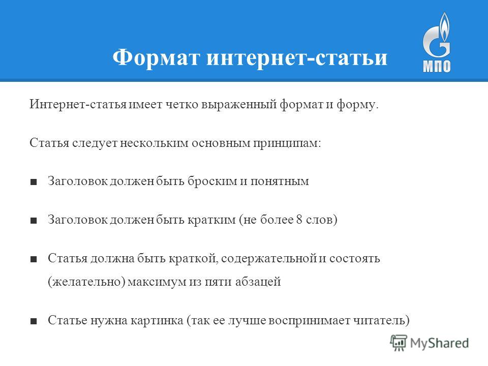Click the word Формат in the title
coord(156,57)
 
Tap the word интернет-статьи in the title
coord(297,58)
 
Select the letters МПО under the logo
coord(437,66)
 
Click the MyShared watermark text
coord(439,343)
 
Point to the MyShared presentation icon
coord(399,343)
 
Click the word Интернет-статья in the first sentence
coord(78,104)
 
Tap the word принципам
coord(287,143)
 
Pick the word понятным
coord(280,181)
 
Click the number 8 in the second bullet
coord(299,220)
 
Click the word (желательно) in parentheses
coord(86,282)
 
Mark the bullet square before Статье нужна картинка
coord(34,321)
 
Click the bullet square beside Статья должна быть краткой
coord(34,259)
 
